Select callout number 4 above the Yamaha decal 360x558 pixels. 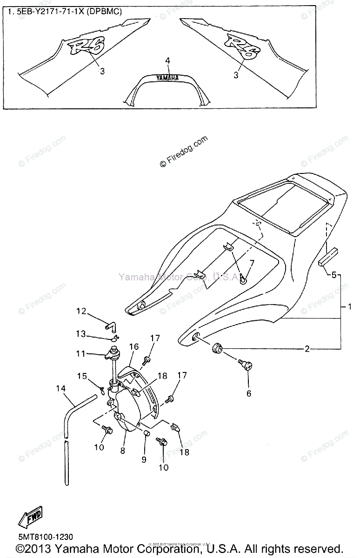(x=167, y=61)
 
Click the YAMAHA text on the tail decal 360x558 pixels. (x=167, y=79)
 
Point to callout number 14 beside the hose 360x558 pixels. (x=60, y=388)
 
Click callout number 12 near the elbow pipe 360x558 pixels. (x=81, y=311)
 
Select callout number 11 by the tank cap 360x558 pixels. (x=81, y=354)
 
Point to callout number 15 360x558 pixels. (x=81, y=375)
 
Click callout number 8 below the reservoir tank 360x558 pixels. (x=123, y=450)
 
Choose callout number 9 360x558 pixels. (x=144, y=459)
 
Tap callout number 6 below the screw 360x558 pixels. (x=248, y=393)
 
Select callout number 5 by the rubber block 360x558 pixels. (x=333, y=275)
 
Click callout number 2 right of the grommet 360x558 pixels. (x=307, y=349)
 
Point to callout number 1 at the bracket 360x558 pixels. (x=349, y=307)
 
